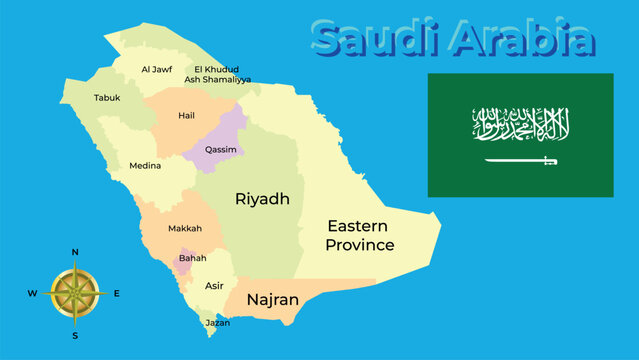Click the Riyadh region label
(262, 199)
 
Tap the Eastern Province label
(360, 235)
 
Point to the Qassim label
(220, 149)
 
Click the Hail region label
(186, 115)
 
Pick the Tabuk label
(107, 98)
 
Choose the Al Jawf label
(157, 69)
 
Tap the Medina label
(145, 166)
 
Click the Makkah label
(184, 229)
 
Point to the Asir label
(214, 285)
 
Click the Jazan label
(217, 323)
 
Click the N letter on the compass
(75, 252)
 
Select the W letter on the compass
(32, 293)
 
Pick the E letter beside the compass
(116, 293)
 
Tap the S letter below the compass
(75, 336)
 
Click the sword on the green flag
(521, 160)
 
